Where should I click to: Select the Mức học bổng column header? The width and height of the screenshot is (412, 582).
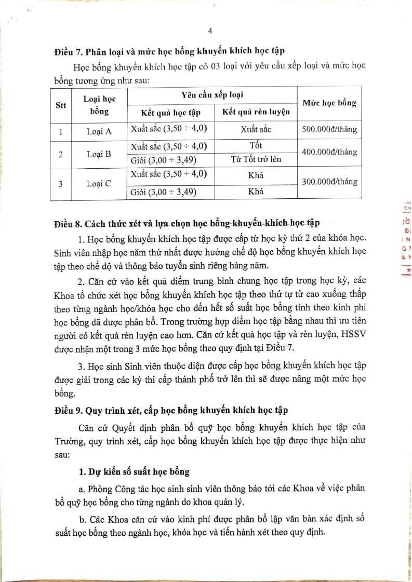coord(329,102)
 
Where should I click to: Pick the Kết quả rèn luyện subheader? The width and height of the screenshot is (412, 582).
coord(256,112)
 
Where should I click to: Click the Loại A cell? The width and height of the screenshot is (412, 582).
coord(99,131)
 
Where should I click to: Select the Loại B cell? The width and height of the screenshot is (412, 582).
coord(99,154)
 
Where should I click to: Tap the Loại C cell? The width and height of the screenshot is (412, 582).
coord(99,183)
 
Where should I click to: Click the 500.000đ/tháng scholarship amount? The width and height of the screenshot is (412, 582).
coord(329,129)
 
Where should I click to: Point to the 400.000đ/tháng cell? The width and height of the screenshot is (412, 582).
coord(329,152)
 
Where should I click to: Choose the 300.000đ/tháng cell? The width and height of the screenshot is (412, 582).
coord(329,181)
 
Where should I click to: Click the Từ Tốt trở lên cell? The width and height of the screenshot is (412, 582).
coord(256,159)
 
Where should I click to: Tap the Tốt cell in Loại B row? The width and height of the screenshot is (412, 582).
coord(256,146)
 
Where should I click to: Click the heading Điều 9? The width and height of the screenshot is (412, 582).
coord(171,409)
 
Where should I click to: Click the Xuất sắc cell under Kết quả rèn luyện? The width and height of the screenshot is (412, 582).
coord(256,129)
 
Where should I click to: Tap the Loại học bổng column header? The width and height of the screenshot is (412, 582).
coord(99,104)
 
